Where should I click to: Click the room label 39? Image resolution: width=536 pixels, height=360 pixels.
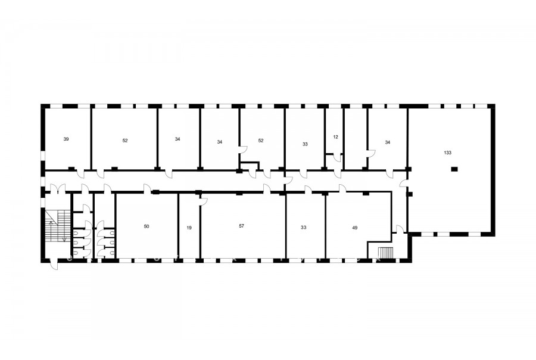coord(66,139)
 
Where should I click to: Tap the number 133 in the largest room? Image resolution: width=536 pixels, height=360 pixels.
coord(447,153)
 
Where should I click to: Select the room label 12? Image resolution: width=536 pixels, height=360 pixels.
coord(335,137)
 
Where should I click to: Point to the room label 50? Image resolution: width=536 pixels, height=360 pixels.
coord(147,226)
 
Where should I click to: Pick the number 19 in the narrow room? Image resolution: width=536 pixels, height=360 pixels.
coord(189,228)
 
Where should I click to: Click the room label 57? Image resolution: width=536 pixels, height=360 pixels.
coord(242,226)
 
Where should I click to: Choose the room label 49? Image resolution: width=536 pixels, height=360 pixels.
coord(355,228)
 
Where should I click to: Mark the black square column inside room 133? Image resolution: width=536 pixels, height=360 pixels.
coord(454,168)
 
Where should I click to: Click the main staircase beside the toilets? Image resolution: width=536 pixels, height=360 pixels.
coord(57,226)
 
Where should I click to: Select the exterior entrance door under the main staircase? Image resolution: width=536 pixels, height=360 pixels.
coord(54,263)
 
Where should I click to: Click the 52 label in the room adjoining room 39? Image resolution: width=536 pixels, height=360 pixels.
coord(125,141)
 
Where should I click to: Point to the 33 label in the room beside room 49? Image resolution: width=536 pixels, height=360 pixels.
coord(304,228)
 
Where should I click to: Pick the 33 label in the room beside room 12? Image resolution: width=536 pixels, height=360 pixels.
coord(305,144)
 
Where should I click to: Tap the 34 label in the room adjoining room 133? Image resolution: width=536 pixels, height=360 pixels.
coord(387,142)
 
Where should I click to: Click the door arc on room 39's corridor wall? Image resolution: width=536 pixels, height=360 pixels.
coord(80,174)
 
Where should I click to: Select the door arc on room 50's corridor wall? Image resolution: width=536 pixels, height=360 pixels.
coord(147,188)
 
